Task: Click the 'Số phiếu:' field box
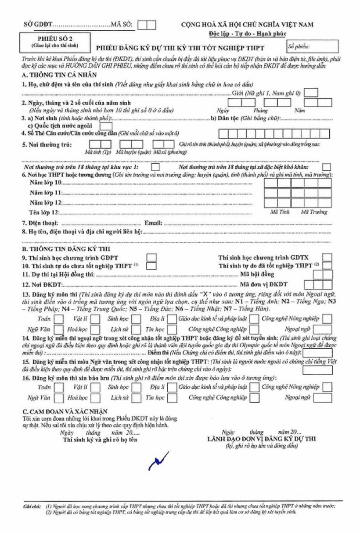313,46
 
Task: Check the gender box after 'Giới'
311,93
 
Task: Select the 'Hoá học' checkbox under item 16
96,398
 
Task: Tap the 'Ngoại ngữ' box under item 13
323,329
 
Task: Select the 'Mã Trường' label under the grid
314,212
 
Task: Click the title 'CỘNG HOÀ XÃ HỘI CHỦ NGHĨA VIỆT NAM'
247,25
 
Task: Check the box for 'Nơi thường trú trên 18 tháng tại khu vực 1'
155,167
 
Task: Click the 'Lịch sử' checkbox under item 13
137,329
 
